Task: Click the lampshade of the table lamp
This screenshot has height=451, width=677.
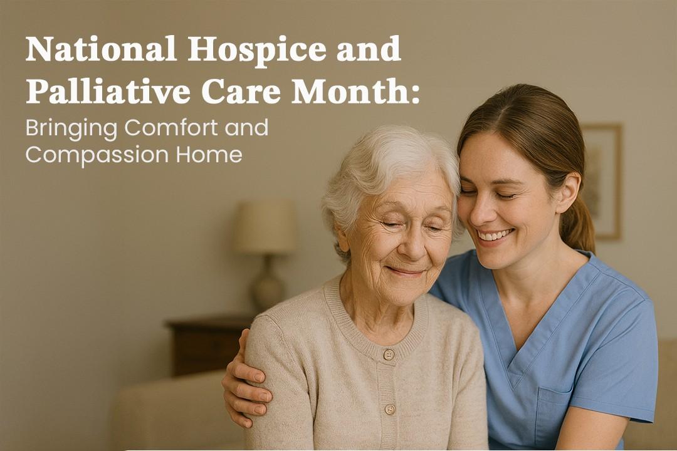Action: (265, 226)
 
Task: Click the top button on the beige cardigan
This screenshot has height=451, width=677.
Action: (388, 355)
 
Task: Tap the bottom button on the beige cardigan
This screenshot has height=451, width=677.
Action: (390, 409)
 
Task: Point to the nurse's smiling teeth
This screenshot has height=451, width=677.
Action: (495, 236)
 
